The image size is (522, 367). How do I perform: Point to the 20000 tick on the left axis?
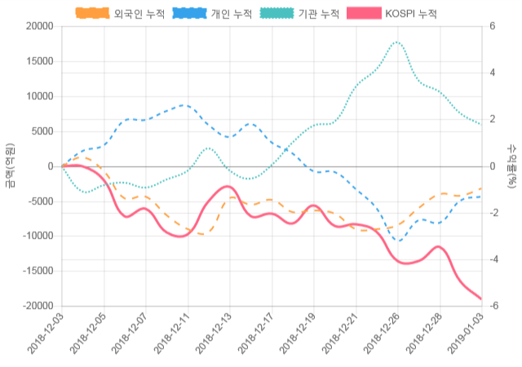point(39,26)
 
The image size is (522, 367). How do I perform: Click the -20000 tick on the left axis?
point(38,306)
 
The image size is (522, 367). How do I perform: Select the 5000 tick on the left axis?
point(42,131)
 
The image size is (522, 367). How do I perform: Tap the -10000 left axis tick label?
point(38,236)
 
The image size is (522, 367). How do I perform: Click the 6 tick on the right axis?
point(492,26)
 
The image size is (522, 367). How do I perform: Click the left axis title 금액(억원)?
point(10,166)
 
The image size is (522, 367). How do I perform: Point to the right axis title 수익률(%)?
point(512,166)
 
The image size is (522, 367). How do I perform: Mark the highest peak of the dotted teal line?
point(396,42)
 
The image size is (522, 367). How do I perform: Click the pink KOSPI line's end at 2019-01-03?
point(481,299)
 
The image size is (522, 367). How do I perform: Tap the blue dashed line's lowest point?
point(399,241)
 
